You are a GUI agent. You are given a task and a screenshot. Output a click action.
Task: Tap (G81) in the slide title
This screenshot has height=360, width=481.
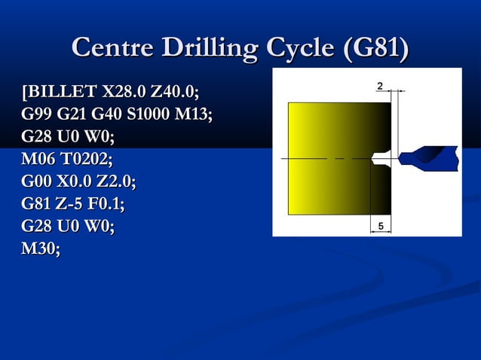(375, 50)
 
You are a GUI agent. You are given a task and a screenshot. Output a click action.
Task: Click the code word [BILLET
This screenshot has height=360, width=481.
(60, 93)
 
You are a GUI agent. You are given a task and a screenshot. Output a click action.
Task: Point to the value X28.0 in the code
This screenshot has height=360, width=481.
(124, 93)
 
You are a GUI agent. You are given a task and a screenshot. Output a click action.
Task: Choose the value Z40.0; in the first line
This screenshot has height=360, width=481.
(176, 93)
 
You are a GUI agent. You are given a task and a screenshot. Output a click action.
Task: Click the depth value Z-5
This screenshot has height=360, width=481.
(75, 204)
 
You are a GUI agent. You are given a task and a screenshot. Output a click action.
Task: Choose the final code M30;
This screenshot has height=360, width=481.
(41, 249)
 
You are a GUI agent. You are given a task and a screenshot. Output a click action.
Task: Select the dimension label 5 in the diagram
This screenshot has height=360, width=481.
(381, 226)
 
